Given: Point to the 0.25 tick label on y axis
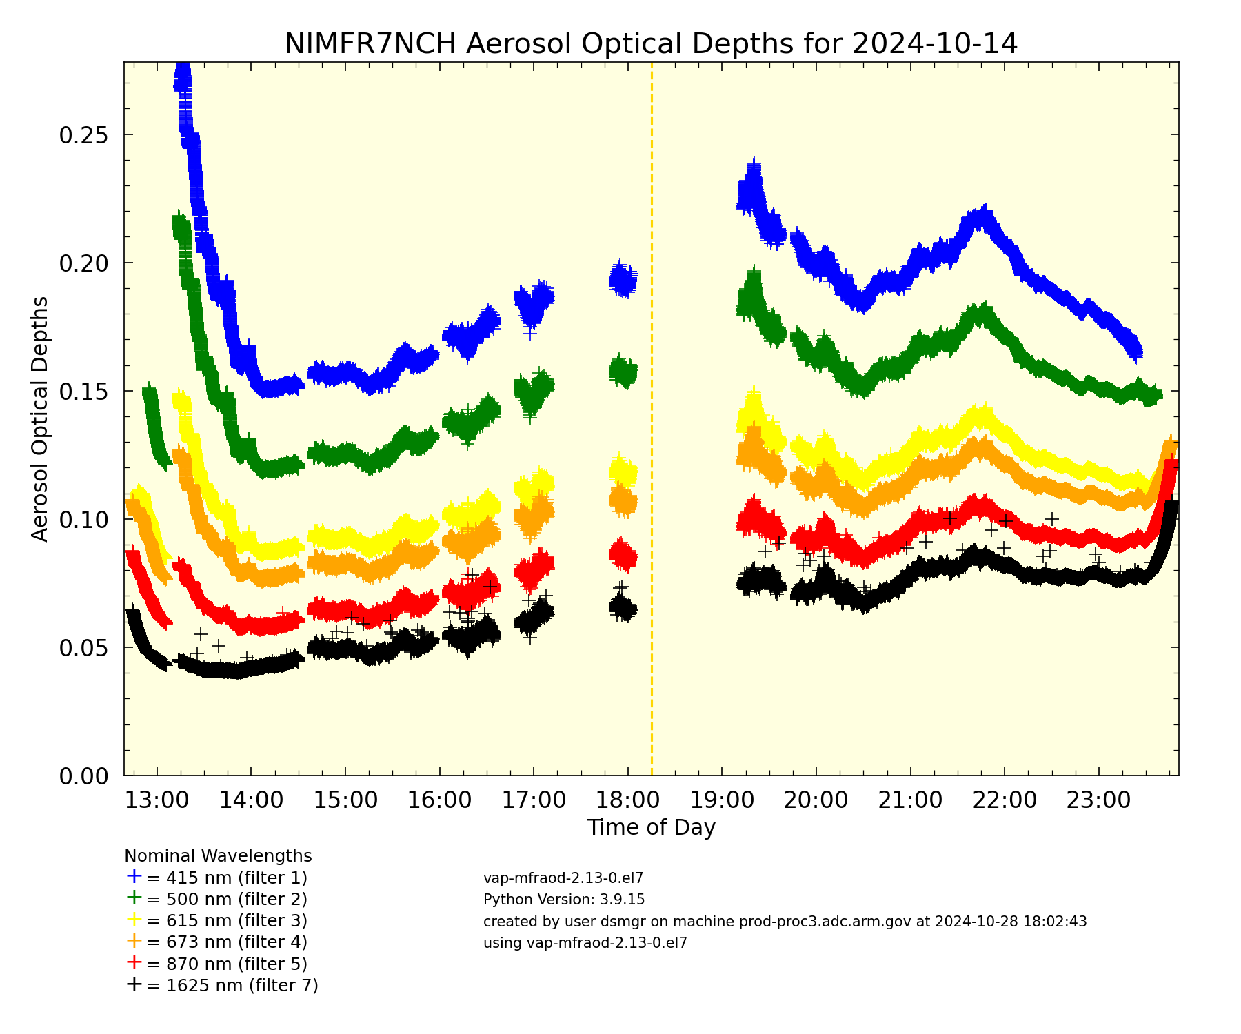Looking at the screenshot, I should pos(83,135).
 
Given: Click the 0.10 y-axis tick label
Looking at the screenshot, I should pos(83,520).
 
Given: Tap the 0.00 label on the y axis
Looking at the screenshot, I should pos(83,777).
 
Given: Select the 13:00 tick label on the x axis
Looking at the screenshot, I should pos(157,800).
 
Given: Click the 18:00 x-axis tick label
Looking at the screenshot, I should pos(627,800).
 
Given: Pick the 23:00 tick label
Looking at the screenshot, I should pos(1098,800).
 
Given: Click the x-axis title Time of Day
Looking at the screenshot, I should pos(651,827).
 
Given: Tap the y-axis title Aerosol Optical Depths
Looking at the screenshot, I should pos(41,418).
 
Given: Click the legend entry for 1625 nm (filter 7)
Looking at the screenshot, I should pos(222,985).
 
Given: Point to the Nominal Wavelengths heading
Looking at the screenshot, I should pos(218,856).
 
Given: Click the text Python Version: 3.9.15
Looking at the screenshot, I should pos(564,900).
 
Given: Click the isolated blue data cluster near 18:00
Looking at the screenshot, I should pos(623,278).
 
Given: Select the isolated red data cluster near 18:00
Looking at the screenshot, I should pos(623,555).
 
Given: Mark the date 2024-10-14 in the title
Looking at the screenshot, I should pos(934,43).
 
